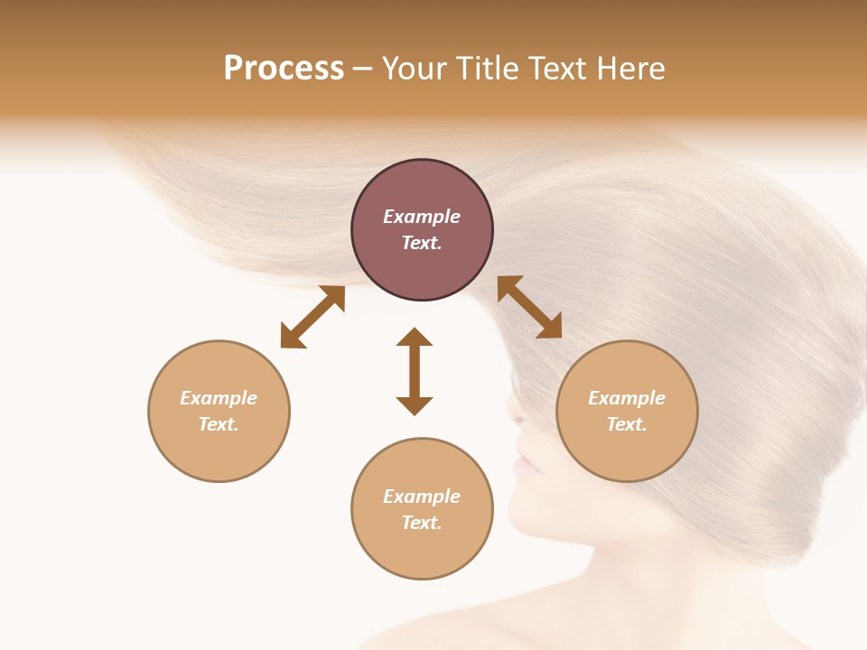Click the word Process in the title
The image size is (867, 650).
point(284,69)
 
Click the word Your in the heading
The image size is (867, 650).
point(415,69)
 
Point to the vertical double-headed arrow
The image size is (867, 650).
point(415,371)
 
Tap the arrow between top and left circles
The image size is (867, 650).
point(312,317)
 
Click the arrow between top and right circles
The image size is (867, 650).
point(529,307)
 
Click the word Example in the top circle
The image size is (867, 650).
point(422,217)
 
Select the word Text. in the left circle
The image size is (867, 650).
point(219,424)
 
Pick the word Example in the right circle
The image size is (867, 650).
point(627,398)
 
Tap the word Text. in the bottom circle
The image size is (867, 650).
point(422,523)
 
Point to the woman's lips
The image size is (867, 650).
point(523,466)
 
